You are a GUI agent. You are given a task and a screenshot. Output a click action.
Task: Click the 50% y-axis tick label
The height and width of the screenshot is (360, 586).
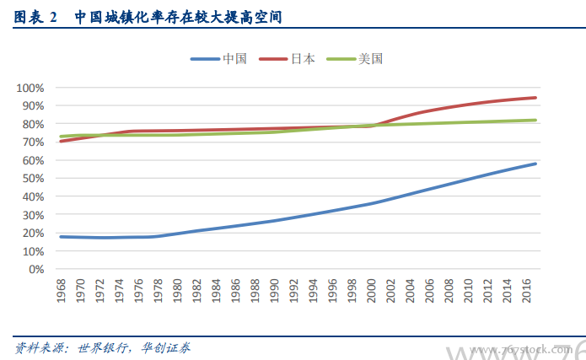pos(32,179)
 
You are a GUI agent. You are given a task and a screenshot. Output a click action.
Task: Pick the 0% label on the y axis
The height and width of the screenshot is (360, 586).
pos(35,270)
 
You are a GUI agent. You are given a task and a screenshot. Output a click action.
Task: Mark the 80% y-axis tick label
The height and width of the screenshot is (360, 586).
pos(32,124)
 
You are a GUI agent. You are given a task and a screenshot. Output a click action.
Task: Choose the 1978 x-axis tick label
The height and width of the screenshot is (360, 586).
pos(158,291)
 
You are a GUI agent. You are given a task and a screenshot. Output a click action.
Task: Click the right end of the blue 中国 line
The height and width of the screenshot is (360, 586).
pos(535,164)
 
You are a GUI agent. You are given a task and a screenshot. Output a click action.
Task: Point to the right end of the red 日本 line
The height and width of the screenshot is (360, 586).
pos(535,98)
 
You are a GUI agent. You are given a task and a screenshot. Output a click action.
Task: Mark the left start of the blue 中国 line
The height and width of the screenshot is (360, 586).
pos(61,237)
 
